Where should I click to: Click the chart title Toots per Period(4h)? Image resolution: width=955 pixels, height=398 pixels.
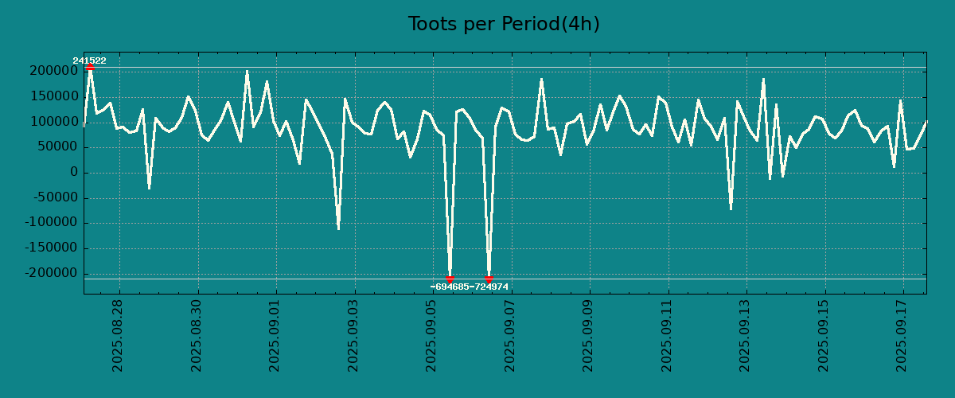pyautogui.click(x=504, y=24)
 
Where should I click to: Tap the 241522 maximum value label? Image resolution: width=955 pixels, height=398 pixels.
pyautogui.click(x=89, y=60)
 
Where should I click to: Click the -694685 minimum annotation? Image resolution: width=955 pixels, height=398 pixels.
pyautogui.click(x=450, y=287)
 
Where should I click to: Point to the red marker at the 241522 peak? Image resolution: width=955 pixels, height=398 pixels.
pyautogui.click(x=90, y=68)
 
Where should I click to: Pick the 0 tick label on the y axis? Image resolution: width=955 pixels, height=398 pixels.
pyautogui.click(x=74, y=173)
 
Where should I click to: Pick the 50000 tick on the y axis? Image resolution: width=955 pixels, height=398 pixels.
pyautogui.click(x=56, y=147)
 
